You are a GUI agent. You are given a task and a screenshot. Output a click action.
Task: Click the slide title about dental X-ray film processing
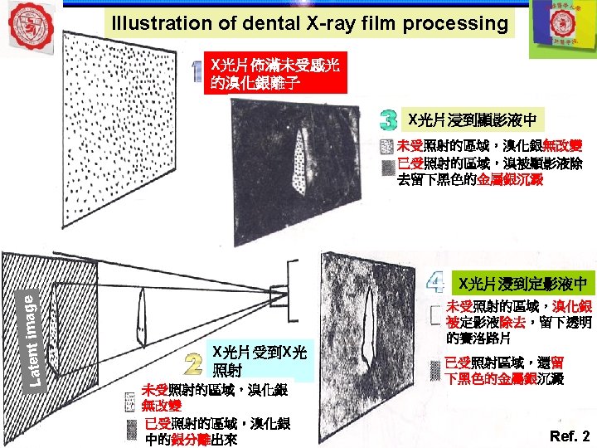click(x=309, y=23)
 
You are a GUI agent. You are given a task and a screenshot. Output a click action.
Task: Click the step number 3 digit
click(x=387, y=120)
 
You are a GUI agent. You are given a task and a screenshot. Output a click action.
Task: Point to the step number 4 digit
click(x=434, y=283)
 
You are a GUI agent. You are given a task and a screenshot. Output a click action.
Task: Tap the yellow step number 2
click(x=194, y=363)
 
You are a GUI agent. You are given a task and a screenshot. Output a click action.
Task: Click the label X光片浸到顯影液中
click(x=472, y=120)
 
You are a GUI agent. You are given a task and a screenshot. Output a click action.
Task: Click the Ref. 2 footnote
click(x=570, y=435)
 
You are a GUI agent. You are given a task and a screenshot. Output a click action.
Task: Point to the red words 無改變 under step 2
click(x=161, y=406)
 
